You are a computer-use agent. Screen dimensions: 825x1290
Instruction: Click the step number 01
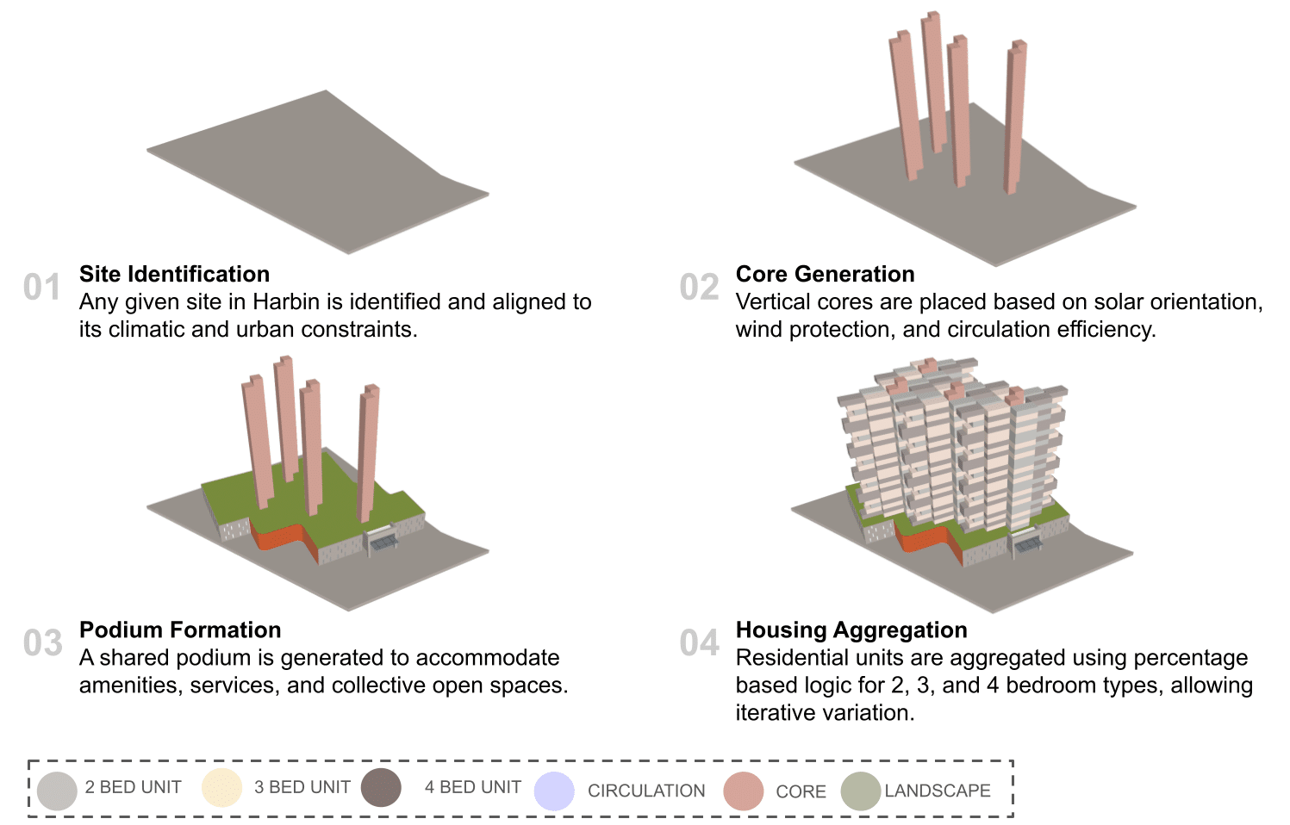[42, 288]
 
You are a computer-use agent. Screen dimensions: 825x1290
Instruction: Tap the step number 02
[699, 288]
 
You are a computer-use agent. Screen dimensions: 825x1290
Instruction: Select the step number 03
[42, 643]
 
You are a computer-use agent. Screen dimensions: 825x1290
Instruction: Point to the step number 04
[699, 643]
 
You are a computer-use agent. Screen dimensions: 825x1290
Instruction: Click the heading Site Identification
[174, 274]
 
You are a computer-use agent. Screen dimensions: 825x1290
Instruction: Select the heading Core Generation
[825, 274]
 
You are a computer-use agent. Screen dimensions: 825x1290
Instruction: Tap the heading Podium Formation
[180, 630]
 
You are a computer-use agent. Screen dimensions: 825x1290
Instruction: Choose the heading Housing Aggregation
[851, 630]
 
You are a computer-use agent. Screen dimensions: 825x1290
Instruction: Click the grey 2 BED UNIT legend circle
[58, 791]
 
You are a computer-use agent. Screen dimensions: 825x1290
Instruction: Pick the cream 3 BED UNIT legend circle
[221, 788]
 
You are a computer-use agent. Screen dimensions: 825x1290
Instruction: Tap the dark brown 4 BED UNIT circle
[381, 787]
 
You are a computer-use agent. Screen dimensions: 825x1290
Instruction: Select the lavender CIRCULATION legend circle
[554, 791]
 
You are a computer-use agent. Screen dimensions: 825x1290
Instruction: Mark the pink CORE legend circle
[744, 791]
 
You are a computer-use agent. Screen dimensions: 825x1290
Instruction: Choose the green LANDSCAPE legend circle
[860, 791]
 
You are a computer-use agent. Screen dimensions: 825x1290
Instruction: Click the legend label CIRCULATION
[646, 791]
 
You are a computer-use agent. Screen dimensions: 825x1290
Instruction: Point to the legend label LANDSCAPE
[938, 791]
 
